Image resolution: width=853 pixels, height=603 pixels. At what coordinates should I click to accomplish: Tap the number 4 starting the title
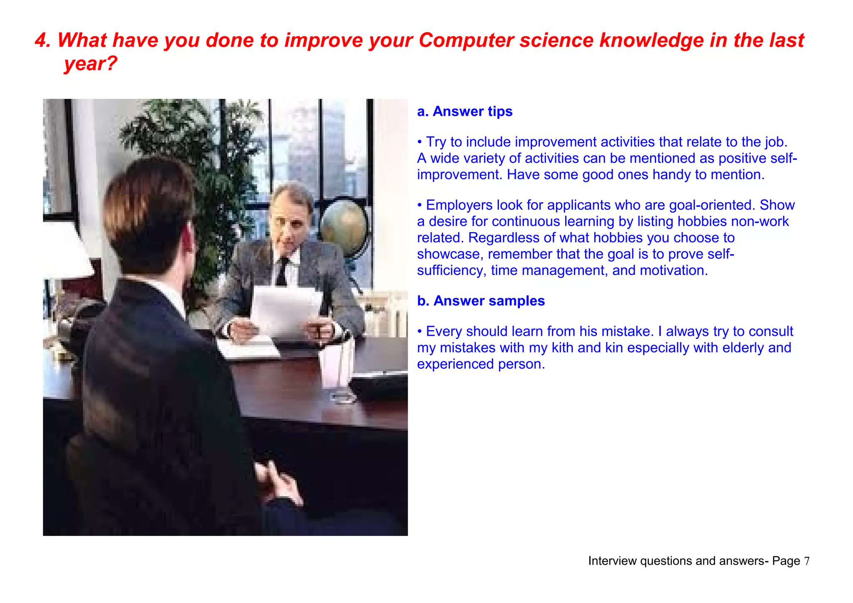click(x=40, y=41)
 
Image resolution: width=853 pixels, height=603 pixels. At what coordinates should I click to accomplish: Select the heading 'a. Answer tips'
click(x=464, y=112)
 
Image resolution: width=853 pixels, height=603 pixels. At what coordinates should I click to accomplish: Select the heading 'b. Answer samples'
click(x=481, y=301)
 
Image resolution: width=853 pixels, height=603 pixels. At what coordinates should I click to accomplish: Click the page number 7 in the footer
click(x=807, y=561)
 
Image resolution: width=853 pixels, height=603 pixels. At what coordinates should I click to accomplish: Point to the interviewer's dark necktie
click(x=282, y=271)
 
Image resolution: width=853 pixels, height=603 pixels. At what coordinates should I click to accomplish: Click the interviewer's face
click(x=289, y=221)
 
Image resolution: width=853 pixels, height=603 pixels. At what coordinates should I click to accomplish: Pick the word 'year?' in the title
click(x=90, y=64)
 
